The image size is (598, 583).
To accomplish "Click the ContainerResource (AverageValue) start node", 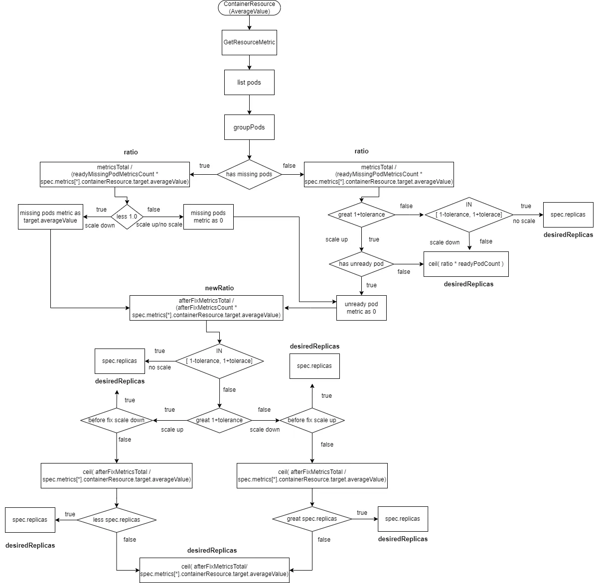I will click(x=249, y=7).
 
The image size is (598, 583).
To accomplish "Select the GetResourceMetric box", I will click(x=249, y=42).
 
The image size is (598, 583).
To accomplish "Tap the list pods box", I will click(x=249, y=82).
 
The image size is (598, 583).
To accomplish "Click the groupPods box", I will click(x=249, y=127).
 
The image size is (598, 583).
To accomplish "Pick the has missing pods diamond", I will click(x=249, y=174).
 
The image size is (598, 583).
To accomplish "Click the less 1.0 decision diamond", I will click(x=127, y=217).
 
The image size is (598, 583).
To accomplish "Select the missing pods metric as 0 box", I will click(x=208, y=217).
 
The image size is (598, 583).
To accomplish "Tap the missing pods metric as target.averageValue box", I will click(x=50, y=217).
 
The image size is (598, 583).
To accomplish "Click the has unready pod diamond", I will click(x=361, y=264).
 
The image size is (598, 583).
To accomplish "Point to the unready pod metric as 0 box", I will click(x=361, y=308).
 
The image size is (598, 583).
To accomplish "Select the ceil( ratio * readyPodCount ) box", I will click(x=466, y=264).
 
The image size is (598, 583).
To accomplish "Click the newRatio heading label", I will click(x=219, y=288).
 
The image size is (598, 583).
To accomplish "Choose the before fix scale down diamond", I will click(x=116, y=420).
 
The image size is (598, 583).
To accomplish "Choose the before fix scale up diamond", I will click(x=312, y=420).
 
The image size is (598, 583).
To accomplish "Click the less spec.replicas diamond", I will click(x=117, y=520).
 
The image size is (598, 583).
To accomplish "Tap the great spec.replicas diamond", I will click(x=312, y=519).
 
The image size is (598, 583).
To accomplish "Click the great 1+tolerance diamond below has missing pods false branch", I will click(x=361, y=215).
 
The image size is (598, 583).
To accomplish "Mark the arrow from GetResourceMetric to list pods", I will click(x=249, y=62).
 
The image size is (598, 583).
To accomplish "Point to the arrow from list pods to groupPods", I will click(x=249, y=105).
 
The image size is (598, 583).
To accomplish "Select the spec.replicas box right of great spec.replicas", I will click(x=403, y=519).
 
